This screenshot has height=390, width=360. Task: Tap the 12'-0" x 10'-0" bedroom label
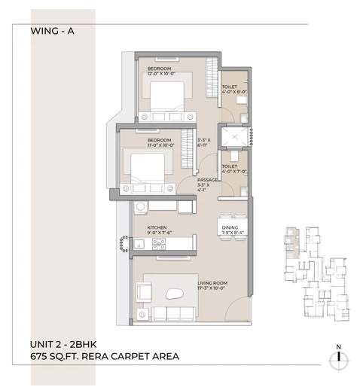[161, 72]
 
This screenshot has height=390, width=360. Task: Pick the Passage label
[207, 183]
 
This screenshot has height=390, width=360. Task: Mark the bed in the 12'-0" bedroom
[167, 98]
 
